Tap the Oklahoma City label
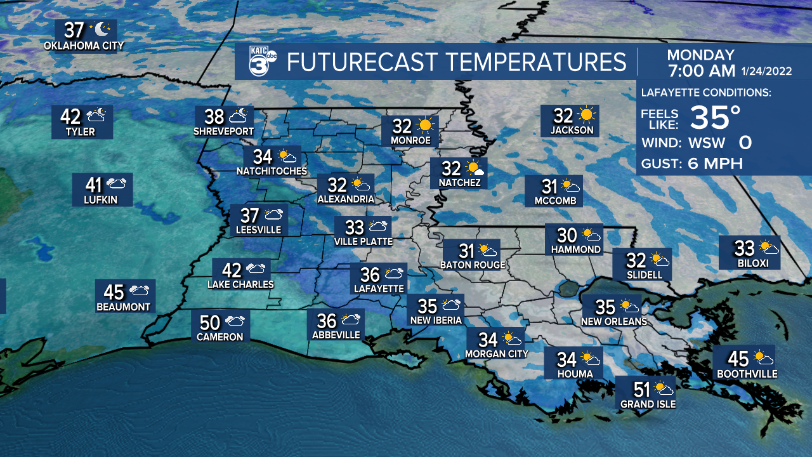[84, 46]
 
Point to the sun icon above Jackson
[587, 115]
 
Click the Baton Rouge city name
[473, 265]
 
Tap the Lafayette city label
[378, 288]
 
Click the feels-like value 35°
[715, 117]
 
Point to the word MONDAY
[700, 55]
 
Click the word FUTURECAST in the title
[363, 62]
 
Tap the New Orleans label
[614, 322]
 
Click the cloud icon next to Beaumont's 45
[140, 291]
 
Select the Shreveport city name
[224, 131]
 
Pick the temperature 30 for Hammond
[566, 234]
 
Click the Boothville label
[747, 374]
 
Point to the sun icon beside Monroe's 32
[424, 125]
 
